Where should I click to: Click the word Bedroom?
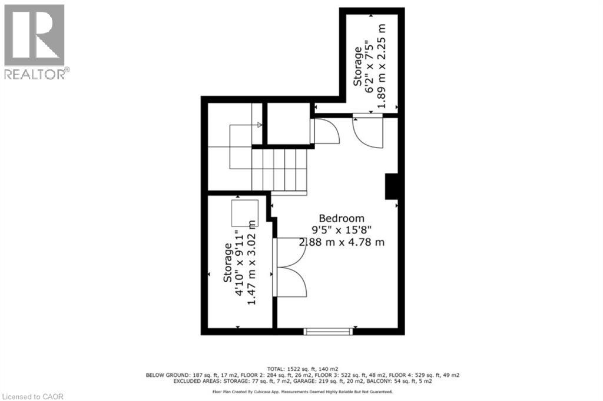[342, 218]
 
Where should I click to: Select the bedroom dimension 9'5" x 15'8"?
[342, 230]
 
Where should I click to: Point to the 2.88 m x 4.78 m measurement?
[342, 242]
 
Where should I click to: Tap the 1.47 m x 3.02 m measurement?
[251, 262]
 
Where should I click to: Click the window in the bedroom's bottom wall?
[328, 332]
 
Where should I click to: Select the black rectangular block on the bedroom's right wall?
[393, 186]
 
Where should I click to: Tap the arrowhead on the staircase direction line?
[259, 125]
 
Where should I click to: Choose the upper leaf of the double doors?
[291, 250]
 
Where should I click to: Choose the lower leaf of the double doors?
[291, 281]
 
